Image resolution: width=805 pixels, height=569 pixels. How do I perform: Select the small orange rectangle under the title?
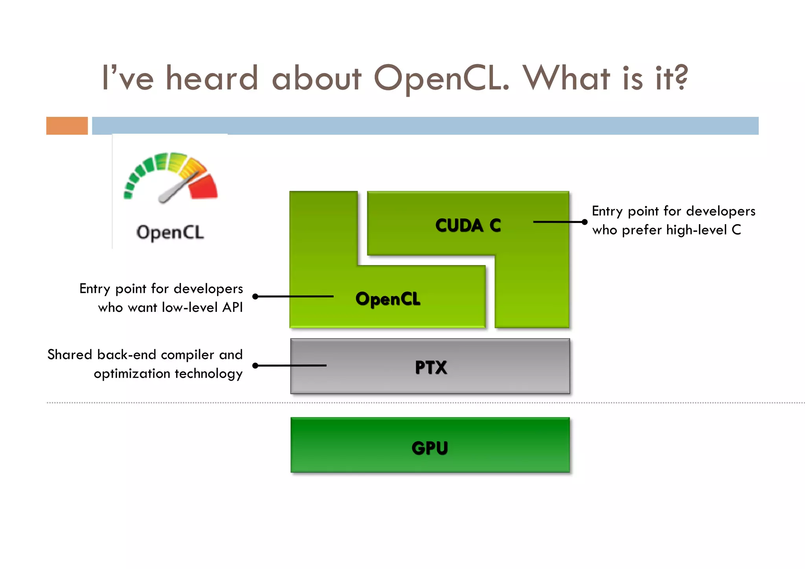coord(67,126)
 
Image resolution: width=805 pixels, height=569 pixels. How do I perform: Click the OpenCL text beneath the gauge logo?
coord(170,232)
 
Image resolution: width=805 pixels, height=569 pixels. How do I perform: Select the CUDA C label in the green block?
coord(468,225)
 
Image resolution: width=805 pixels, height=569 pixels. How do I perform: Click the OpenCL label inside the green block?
coord(388,299)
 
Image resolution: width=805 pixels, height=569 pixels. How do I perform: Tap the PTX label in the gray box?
coord(431,367)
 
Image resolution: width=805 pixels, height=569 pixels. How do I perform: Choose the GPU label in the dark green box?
coord(430,448)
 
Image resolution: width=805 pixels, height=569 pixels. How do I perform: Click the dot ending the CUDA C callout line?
coord(584,222)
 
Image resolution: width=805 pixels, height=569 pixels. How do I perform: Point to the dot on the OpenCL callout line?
coord(255,296)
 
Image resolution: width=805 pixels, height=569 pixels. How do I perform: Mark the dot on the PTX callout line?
coord(255,366)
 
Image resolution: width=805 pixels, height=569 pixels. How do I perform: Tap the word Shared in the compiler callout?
coord(70,355)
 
